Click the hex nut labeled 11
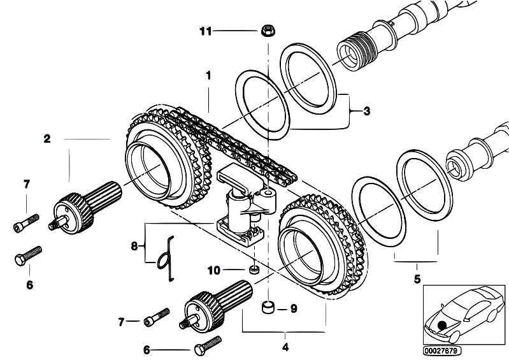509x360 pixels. click(268, 31)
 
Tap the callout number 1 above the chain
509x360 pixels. click(208, 76)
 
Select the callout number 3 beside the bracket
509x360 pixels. click(366, 112)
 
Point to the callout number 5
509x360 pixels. click(417, 279)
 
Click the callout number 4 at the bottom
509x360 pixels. click(285, 347)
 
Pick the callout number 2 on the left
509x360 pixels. click(47, 139)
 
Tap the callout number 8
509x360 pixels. click(134, 247)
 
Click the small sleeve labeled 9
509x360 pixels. click(268, 307)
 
